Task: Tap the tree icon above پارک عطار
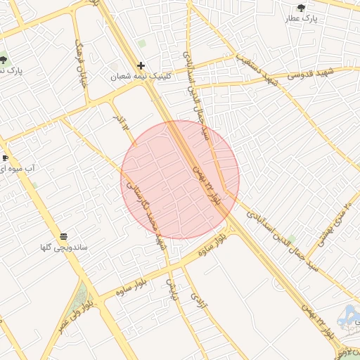click(302, 8)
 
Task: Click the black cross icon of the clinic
click(141, 65)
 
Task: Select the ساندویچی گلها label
click(63, 247)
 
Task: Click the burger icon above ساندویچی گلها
click(64, 236)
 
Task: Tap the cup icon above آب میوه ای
click(5, 157)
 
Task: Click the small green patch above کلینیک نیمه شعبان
click(141, 44)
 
